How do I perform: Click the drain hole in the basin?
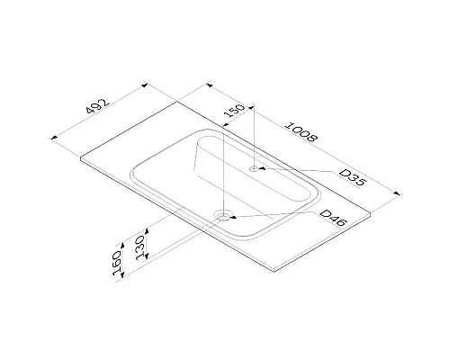point(224,216)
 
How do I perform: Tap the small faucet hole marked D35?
point(256,167)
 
